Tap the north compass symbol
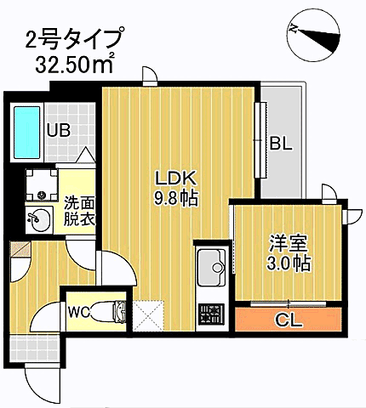(x=316, y=33)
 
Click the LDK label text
(x=175, y=179)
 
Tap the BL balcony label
(x=281, y=144)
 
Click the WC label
(x=80, y=311)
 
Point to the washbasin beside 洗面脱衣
(x=37, y=218)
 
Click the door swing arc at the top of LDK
(x=150, y=76)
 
